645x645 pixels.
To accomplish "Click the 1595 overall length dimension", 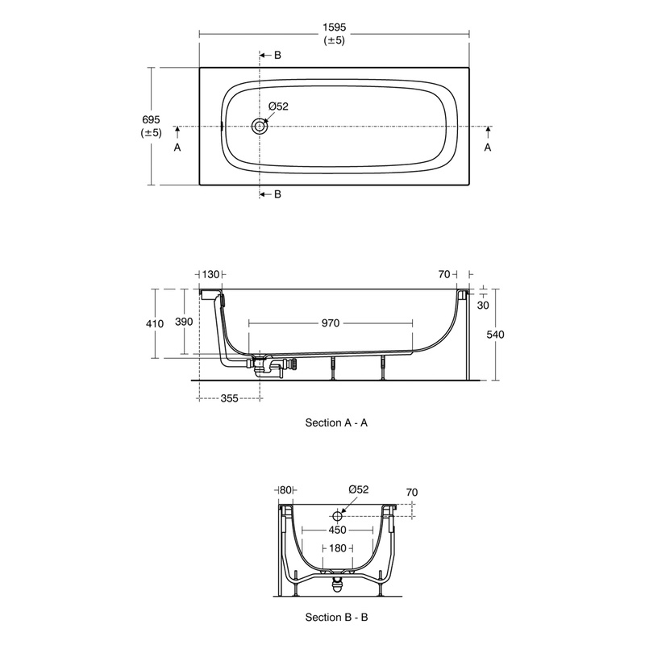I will [335, 27].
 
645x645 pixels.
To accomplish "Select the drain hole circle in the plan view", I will [260, 127].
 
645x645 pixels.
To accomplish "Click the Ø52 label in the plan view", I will [278, 106].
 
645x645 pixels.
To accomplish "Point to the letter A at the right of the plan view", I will [488, 148].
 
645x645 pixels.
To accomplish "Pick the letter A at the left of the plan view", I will [177, 148].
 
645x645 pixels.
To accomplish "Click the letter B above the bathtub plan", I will [277, 55].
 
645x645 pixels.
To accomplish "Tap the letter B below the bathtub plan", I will [277, 194].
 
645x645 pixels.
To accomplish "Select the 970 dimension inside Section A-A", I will [331, 322].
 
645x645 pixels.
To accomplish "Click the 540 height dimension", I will [494, 335].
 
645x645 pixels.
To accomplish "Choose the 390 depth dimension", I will [184, 322].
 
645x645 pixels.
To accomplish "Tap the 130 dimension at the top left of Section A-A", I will [211, 275].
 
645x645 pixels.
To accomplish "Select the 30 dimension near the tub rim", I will [483, 305].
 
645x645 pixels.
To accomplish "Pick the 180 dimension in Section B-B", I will [337, 548].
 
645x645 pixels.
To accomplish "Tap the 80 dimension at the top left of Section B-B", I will [285, 489].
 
